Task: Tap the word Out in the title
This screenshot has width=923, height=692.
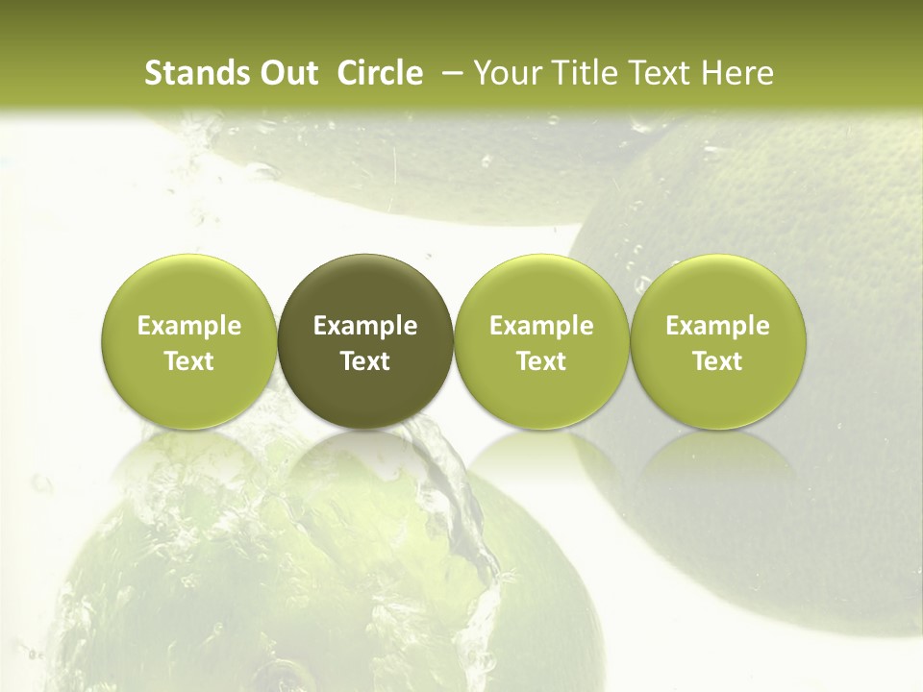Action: pyautogui.click(x=286, y=73)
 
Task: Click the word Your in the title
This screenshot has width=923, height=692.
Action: pyautogui.click(x=505, y=73)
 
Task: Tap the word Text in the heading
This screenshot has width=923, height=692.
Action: pyautogui.click(x=656, y=73)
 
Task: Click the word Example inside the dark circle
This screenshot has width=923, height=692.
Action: pyautogui.click(x=365, y=326)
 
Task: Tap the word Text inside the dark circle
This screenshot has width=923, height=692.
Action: pyautogui.click(x=365, y=361)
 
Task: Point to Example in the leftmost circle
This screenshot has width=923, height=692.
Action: pyautogui.click(x=189, y=326)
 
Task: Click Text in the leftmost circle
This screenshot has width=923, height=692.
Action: pyautogui.click(x=189, y=361)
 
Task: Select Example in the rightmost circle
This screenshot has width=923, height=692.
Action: pyautogui.click(x=717, y=326)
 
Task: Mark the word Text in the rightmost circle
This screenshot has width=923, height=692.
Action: pyautogui.click(x=717, y=361)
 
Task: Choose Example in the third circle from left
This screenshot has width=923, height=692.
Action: pyautogui.click(x=541, y=326)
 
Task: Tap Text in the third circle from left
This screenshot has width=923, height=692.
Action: pyautogui.click(x=541, y=361)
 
